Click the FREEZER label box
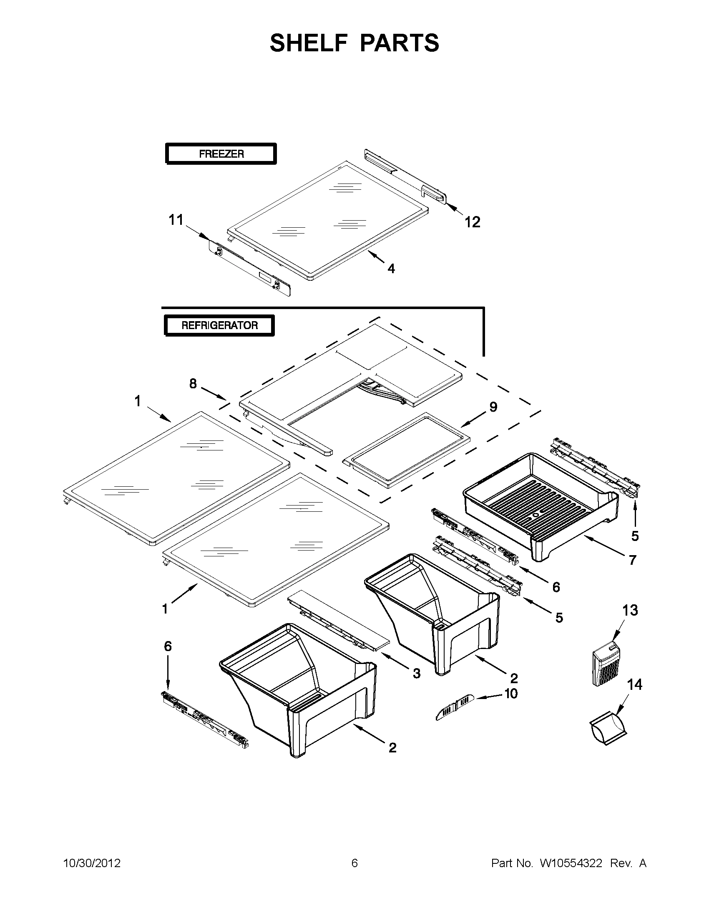221,154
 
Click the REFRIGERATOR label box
219,325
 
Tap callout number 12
472,222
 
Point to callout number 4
391,269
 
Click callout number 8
193,383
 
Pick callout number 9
493,407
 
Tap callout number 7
633,560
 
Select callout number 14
635,685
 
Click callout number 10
510,694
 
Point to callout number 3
416,674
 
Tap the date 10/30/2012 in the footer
92,863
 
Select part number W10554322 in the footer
571,863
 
